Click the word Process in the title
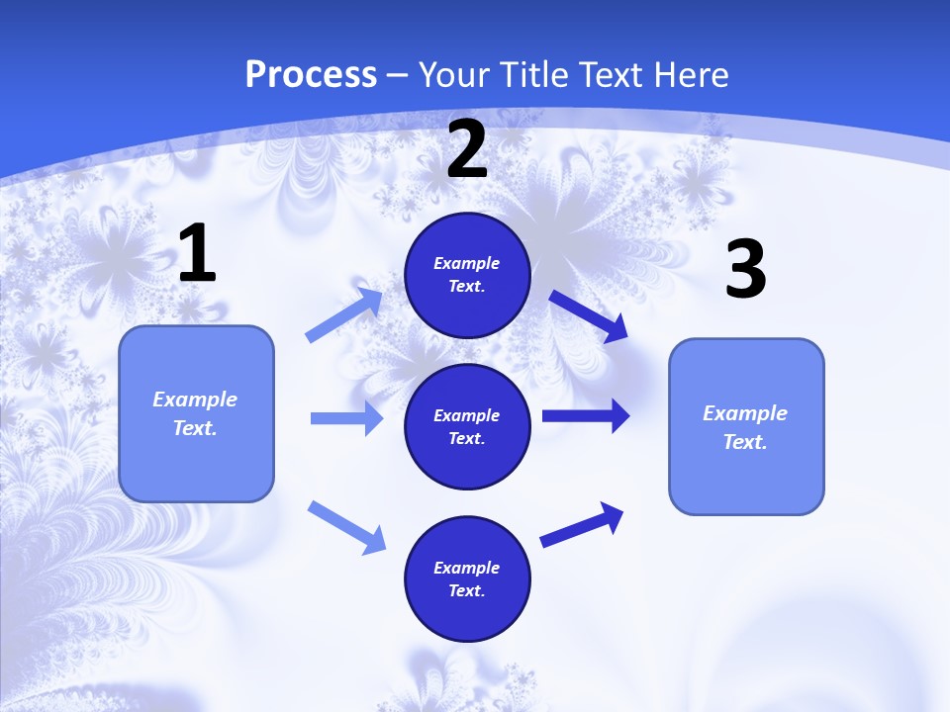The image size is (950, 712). (311, 74)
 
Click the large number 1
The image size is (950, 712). (197, 254)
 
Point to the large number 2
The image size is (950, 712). (467, 149)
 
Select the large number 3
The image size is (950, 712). (745, 269)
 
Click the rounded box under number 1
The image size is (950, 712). (196, 413)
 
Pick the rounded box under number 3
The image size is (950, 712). (746, 426)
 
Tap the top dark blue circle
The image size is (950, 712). (467, 275)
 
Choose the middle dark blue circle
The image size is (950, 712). (467, 426)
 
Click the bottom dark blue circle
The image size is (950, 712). (467, 578)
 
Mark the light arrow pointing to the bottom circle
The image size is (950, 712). (346, 526)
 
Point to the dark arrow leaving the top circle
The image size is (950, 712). (588, 315)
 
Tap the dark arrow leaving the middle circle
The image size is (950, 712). (586, 416)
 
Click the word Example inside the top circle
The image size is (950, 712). (467, 263)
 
